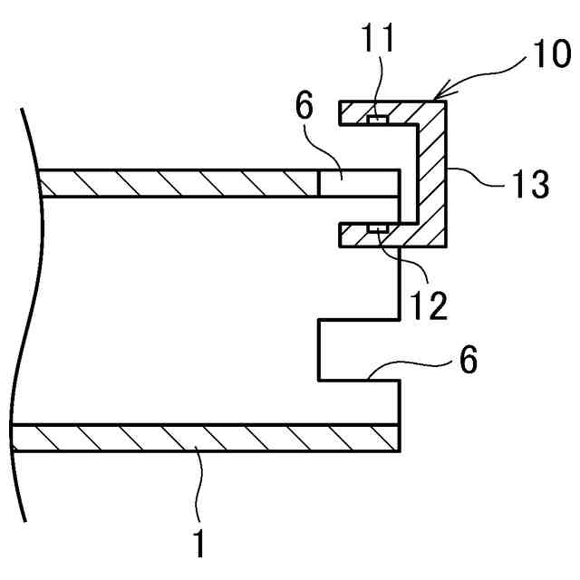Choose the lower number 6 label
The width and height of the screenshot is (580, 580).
tap(468, 360)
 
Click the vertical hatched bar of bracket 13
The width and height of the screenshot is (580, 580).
tap(432, 172)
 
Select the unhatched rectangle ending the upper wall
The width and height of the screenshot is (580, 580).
tap(359, 183)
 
